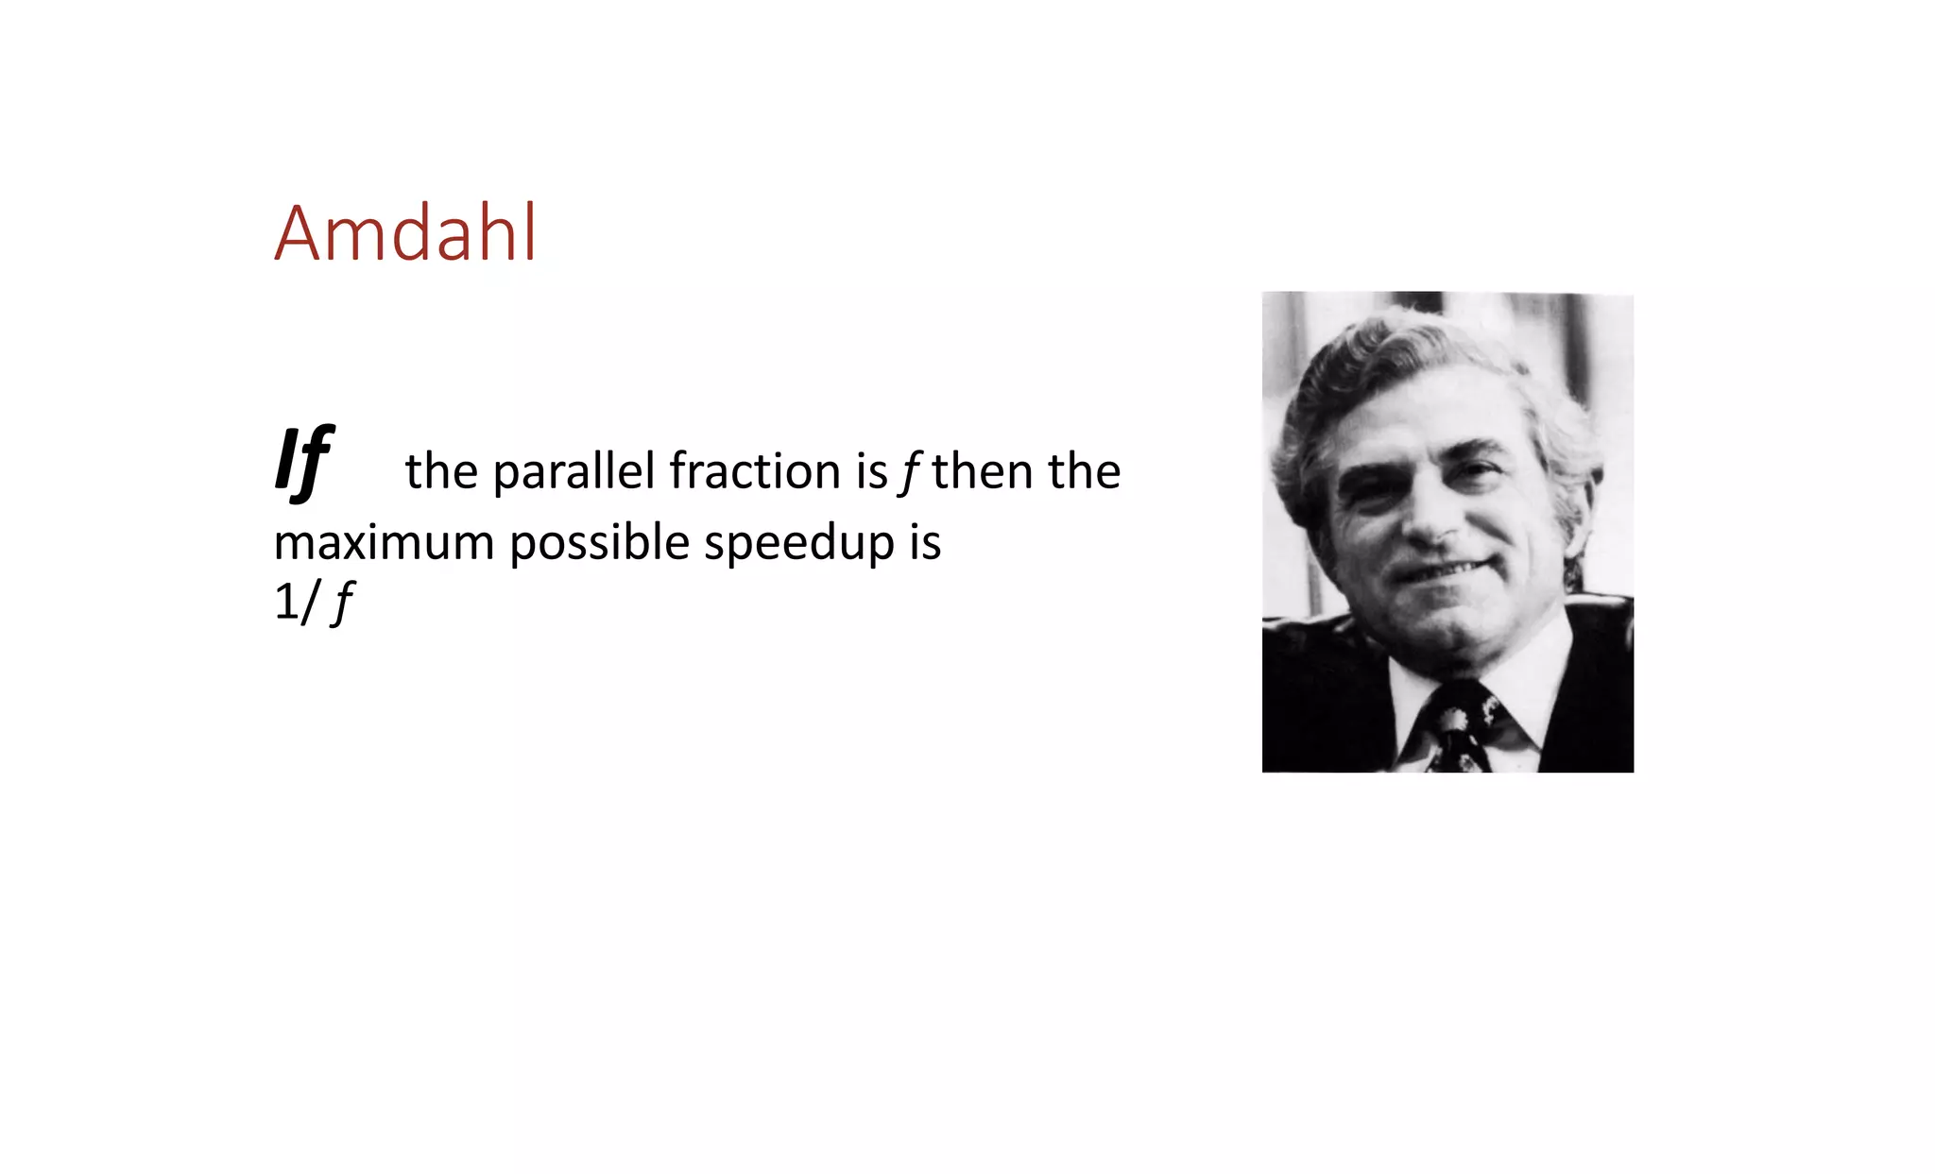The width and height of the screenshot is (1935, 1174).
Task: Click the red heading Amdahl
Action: [405, 233]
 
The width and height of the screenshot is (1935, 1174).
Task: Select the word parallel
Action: [574, 471]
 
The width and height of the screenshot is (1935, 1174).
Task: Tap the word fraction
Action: [754, 471]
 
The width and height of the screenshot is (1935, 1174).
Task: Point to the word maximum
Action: [384, 543]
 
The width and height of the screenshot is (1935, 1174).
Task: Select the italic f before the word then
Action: [908, 471]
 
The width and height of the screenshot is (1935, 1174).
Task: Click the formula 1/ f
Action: [313, 602]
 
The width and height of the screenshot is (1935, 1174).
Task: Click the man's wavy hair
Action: [1398, 359]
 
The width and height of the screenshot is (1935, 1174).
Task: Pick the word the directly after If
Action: [441, 471]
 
